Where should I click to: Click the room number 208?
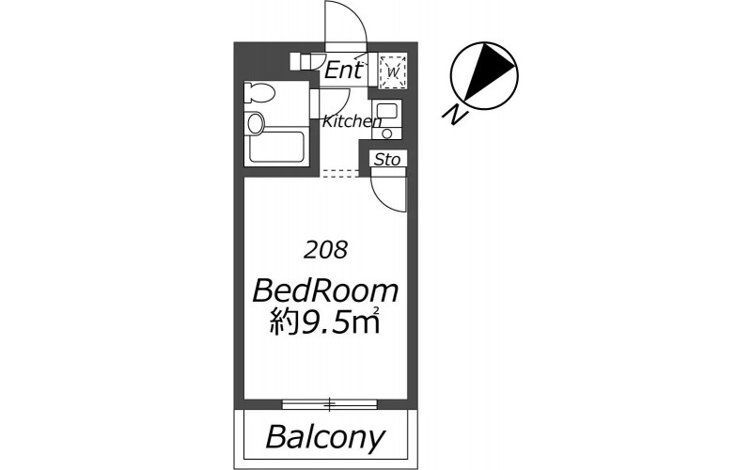click(x=325, y=249)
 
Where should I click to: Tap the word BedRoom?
click(x=325, y=290)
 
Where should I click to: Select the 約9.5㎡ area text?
click(x=324, y=321)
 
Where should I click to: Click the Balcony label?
click(x=325, y=436)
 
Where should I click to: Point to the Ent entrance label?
click(x=343, y=70)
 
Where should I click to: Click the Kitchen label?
click(x=352, y=121)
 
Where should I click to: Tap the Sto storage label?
click(x=387, y=159)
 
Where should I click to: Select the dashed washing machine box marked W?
click(x=393, y=71)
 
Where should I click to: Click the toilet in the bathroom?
click(x=258, y=93)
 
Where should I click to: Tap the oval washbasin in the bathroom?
click(x=255, y=123)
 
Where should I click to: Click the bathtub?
click(x=276, y=147)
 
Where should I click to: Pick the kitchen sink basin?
click(x=387, y=111)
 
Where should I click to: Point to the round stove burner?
click(x=387, y=133)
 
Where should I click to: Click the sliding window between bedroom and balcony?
click(x=330, y=404)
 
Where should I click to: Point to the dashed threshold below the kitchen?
click(x=339, y=173)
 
